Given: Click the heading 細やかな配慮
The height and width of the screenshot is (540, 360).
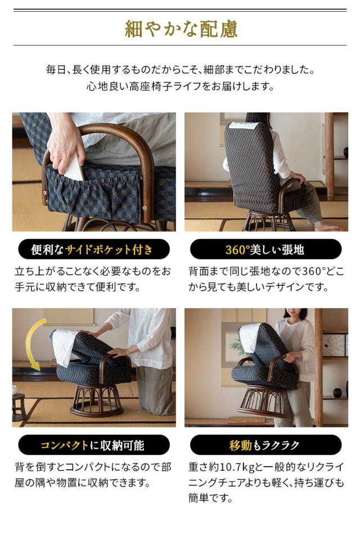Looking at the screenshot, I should pyautogui.click(x=180, y=28).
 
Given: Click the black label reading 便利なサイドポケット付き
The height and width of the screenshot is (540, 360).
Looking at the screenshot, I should pyautogui.click(x=93, y=249).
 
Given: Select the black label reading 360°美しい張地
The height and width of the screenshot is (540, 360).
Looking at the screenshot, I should pyautogui.click(x=265, y=249).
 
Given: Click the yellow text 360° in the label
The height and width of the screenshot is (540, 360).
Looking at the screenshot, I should pyautogui.click(x=237, y=249).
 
